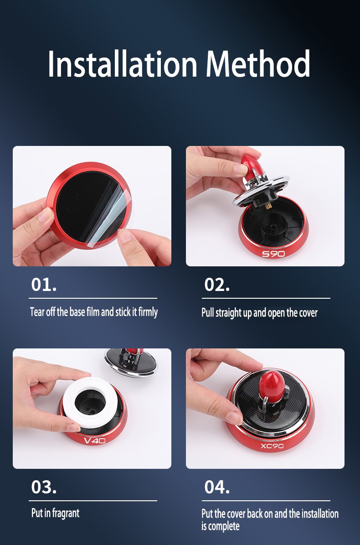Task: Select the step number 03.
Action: point(44,487)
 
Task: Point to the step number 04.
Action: point(217,487)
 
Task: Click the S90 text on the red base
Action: point(273,254)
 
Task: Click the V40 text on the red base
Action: point(95,441)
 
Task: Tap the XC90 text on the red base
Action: point(272,445)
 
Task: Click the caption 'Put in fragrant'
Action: point(55,513)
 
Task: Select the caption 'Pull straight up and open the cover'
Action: point(259,313)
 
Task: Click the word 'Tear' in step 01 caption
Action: point(37,312)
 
